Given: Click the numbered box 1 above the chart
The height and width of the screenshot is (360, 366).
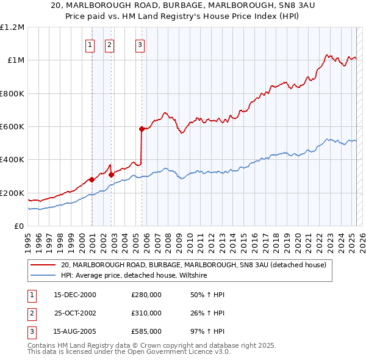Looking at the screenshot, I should click(x=90, y=44).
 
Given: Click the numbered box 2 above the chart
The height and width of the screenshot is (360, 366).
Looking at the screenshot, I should click(x=109, y=44).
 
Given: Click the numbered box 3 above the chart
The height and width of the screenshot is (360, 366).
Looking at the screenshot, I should click(x=140, y=44).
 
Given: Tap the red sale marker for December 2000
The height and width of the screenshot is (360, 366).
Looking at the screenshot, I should click(x=91, y=179).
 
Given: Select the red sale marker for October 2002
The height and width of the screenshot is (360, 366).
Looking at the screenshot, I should click(x=112, y=175).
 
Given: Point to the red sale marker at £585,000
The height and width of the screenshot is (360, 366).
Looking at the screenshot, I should click(x=142, y=129).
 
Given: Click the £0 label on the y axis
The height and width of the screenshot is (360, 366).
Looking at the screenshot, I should click(x=19, y=226).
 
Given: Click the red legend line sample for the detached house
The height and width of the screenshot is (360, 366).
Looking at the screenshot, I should click(x=43, y=265).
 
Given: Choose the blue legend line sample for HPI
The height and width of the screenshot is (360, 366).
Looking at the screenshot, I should click(x=43, y=276).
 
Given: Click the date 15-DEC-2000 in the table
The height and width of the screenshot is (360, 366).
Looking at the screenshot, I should click(x=74, y=295).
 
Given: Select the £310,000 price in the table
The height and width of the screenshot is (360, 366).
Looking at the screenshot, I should click(x=146, y=313).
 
